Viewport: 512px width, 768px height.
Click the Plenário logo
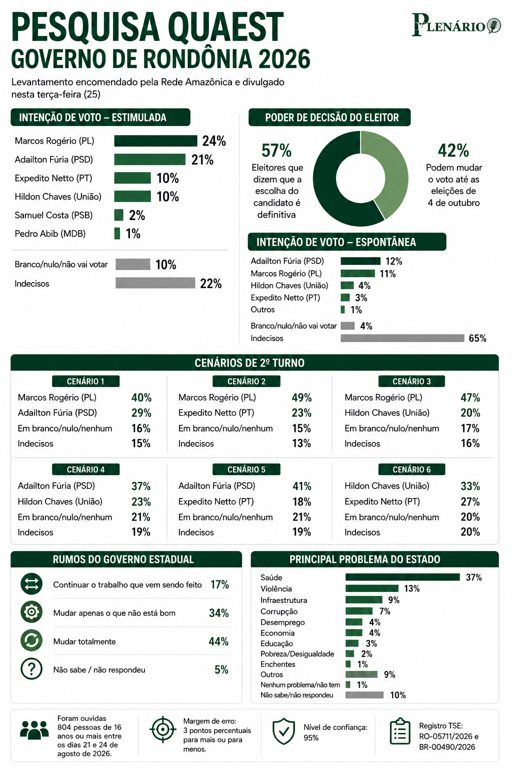[x=456, y=24]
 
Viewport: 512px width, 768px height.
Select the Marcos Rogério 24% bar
[x=155, y=141]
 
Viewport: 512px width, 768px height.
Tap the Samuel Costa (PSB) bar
[x=118, y=215]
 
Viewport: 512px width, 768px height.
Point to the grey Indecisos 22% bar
[x=155, y=283]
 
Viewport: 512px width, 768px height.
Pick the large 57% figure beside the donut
[x=276, y=150]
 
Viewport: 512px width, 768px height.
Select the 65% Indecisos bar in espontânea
[x=402, y=338]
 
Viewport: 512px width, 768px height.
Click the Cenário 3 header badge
[x=411, y=381]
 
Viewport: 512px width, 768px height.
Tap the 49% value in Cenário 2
[x=302, y=397]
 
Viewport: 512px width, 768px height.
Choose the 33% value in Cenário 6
[x=470, y=486]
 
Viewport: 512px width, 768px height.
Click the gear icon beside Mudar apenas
[x=31, y=612]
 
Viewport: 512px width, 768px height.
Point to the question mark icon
[x=31, y=668]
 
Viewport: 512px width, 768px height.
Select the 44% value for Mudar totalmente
[x=219, y=641]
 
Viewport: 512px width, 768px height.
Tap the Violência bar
[x=371, y=588]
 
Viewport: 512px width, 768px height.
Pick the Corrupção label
[x=279, y=611]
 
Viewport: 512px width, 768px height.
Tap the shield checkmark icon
[x=283, y=730]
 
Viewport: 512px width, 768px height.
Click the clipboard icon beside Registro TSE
[x=400, y=731]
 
